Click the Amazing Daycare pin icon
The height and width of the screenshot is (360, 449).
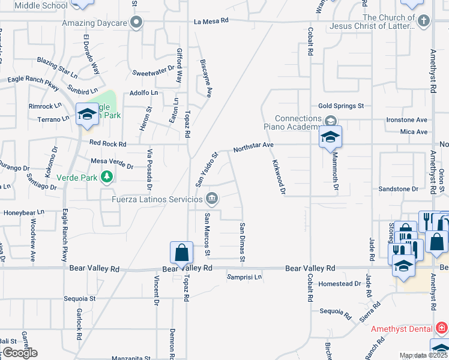[x=137, y=23]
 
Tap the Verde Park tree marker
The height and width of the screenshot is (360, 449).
[x=107, y=177]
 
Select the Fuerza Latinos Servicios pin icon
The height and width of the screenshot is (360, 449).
[x=212, y=199]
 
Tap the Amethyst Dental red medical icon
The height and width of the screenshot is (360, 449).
[x=442, y=328]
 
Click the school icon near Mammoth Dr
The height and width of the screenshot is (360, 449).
[x=330, y=137]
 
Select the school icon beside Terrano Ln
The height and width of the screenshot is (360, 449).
[x=87, y=114]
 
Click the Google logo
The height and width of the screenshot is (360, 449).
[x=19, y=353]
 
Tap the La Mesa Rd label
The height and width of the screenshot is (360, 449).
[x=211, y=20]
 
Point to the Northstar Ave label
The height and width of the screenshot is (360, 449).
[x=253, y=145]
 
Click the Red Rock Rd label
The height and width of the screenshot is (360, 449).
[x=108, y=144]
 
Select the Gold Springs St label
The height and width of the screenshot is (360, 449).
[x=341, y=106]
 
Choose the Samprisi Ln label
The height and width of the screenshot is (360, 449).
[x=244, y=277]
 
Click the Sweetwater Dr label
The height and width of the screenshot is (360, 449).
[x=152, y=73]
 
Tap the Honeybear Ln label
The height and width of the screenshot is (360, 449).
[x=25, y=212]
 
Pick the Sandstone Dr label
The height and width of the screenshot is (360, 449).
[x=398, y=189]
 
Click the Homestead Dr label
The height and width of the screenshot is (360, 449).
[x=340, y=283]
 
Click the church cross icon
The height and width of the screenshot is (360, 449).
[x=424, y=21]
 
